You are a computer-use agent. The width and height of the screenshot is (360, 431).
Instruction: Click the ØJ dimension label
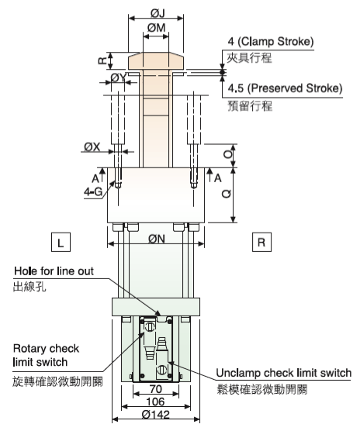157,13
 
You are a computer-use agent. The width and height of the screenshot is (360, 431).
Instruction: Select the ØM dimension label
157,28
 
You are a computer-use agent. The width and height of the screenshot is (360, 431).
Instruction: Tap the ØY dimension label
119,78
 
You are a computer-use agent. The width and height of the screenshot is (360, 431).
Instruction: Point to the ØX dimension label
92,147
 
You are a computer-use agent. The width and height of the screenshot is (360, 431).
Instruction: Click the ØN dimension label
157,239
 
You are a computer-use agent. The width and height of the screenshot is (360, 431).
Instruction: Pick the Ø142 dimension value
156,414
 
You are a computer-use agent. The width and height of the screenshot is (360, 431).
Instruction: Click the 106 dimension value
156,402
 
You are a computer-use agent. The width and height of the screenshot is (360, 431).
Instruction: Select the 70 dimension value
156,389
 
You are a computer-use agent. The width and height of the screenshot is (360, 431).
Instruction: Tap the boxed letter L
61,242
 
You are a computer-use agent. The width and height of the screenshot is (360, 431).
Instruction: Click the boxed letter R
261,242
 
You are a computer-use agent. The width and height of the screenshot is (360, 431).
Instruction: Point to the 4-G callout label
93,192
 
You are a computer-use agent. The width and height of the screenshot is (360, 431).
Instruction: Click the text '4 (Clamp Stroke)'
271,42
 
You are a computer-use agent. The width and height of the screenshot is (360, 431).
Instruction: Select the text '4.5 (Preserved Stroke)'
286,88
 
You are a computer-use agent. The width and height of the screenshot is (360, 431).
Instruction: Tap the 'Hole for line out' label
54,271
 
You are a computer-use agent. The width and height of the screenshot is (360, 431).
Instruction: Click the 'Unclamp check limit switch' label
283,373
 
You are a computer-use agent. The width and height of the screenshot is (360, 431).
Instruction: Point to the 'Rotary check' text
47,349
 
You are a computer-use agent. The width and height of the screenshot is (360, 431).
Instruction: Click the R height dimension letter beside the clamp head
102,60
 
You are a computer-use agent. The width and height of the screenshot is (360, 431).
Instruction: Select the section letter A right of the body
218,178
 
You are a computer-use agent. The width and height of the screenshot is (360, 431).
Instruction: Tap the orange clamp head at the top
156,61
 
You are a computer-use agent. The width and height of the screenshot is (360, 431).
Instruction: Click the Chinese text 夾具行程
249,58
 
